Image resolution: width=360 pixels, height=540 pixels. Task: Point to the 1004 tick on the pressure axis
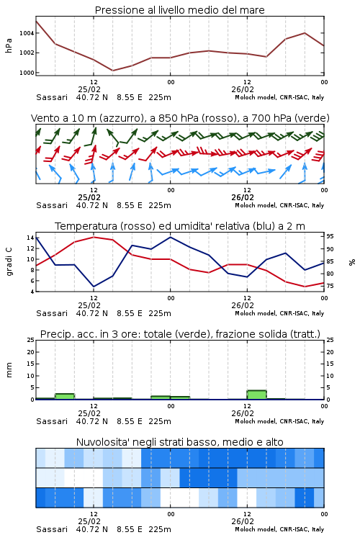pyautogui.click(x=27, y=33)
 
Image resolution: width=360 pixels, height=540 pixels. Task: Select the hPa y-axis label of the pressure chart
pyautogui.click(x=9, y=45)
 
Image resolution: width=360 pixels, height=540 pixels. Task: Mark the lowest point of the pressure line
pyautogui.click(x=112, y=71)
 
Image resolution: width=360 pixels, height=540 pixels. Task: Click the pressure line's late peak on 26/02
pyautogui.click(x=305, y=32)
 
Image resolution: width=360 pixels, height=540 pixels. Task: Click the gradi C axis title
pyautogui.click(x=9, y=262)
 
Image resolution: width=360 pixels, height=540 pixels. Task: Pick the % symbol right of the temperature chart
pyautogui.click(x=352, y=262)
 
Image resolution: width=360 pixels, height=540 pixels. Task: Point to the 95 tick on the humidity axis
pyautogui.click(x=330, y=237)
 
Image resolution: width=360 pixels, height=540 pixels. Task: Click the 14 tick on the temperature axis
pyautogui.click(x=30, y=238)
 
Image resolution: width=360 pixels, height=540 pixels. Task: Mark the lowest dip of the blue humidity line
pyautogui.click(x=94, y=287)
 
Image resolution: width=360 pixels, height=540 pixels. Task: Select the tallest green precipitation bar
pyautogui.click(x=256, y=395)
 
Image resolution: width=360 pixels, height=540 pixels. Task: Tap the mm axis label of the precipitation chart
pyautogui.click(x=9, y=370)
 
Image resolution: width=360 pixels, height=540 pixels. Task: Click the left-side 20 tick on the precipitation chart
pyautogui.click(x=30, y=352)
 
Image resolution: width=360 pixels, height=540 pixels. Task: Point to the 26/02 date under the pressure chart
pyautogui.click(x=243, y=89)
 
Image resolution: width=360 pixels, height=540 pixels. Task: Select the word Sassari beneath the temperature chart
pyautogui.click(x=52, y=313)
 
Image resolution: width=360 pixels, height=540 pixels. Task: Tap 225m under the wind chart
pyautogui.click(x=160, y=206)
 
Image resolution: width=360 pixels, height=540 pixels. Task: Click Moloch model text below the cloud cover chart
pyautogui.click(x=256, y=529)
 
